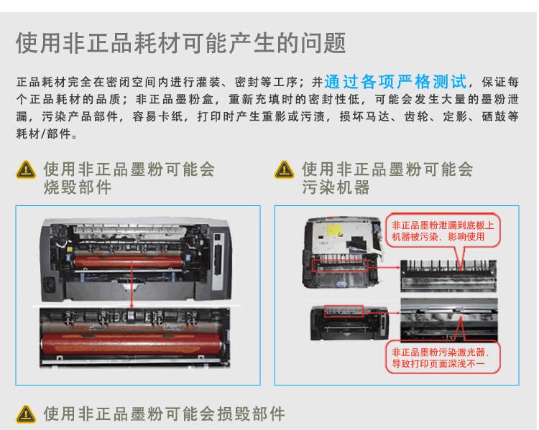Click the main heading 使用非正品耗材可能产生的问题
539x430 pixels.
click(180, 44)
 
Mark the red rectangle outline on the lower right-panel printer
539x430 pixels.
click(342, 311)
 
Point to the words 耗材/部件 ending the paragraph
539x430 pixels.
click(44, 134)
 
